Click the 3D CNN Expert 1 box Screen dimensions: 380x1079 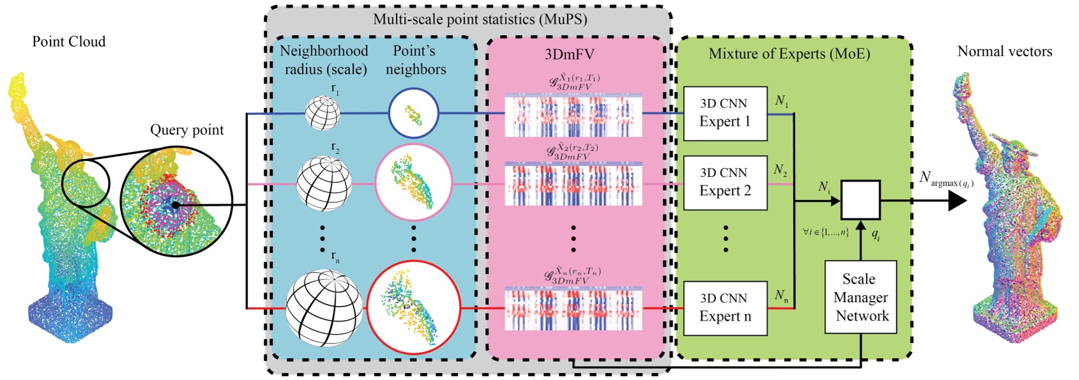tap(725, 113)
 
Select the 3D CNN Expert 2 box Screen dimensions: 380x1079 tap(725, 182)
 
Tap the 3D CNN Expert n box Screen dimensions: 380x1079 tap(725, 308)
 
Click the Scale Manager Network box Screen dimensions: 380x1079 tap(861, 297)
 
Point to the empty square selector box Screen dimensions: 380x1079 tap(860, 200)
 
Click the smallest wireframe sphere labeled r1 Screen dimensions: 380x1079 tap(322, 113)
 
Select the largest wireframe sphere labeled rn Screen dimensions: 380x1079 tap(324, 308)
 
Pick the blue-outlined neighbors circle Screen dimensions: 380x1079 tap(413, 114)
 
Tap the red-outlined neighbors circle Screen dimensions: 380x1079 tap(413, 307)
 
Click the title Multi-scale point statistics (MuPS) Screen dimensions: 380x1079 tap(479, 19)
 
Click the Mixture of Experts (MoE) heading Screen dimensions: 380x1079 tap(789, 54)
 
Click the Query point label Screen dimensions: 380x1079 tap(186, 130)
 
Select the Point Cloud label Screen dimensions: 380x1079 tap(69, 42)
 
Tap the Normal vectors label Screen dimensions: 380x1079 tap(1004, 52)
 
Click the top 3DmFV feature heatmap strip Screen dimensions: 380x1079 tap(573, 116)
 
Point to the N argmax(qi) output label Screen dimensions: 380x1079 tap(945, 179)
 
